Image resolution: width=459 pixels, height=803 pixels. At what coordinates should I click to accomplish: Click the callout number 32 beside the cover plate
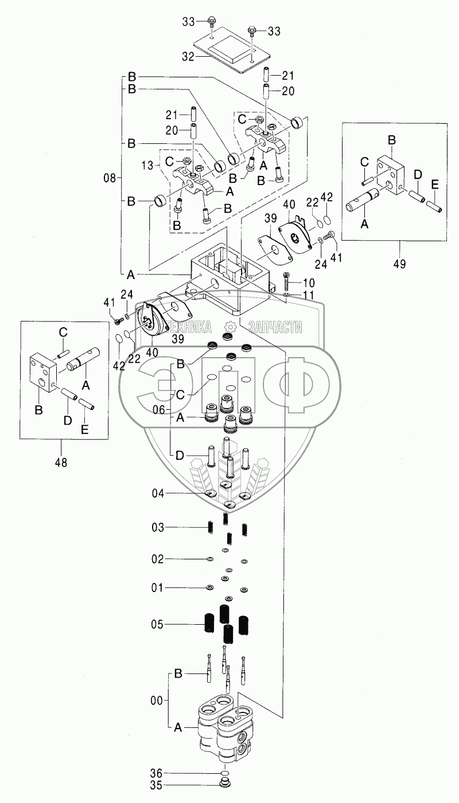pyautogui.click(x=188, y=57)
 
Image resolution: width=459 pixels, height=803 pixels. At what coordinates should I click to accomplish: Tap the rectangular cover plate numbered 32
pyautogui.click(x=230, y=50)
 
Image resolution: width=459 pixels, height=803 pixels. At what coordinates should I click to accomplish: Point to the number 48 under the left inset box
pyautogui.click(x=61, y=463)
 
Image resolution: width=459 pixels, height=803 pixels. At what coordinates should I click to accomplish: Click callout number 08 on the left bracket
pyautogui.click(x=111, y=178)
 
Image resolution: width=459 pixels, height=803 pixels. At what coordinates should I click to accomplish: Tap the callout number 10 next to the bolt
pyautogui.click(x=309, y=283)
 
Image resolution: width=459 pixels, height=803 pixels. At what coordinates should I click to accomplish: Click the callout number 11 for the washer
pyautogui.click(x=308, y=295)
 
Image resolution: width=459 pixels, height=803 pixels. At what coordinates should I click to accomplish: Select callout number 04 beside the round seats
pyautogui.click(x=158, y=493)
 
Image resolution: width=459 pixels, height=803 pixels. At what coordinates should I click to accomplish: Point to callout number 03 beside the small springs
pyautogui.click(x=158, y=528)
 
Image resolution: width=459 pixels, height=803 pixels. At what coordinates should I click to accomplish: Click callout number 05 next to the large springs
pyautogui.click(x=158, y=625)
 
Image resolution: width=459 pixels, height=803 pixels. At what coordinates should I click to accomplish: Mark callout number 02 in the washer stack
pyautogui.click(x=158, y=559)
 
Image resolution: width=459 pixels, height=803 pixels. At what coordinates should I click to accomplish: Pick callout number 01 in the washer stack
pyautogui.click(x=157, y=588)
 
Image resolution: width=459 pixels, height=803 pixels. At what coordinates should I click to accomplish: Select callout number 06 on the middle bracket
pyautogui.click(x=158, y=410)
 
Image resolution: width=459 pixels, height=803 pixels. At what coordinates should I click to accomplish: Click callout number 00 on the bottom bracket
pyautogui.click(x=157, y=700)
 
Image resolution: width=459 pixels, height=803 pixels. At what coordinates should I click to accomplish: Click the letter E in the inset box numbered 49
pyautogui.click(x=434, y=185)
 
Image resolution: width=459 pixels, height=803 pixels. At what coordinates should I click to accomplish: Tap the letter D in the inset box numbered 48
pyautogui.click(x=68, y=420)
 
